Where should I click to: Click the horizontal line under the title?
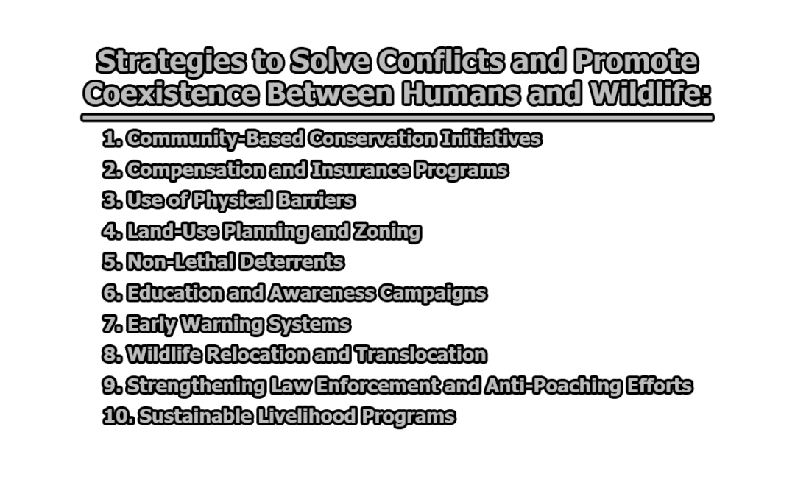coord(397,117)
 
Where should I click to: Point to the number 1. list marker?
coord(112,138)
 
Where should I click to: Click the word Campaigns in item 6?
coord(432,293)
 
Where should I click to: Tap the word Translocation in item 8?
coord(420,355)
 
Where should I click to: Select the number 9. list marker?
coord(112,386)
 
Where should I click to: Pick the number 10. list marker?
coord(118,417)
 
